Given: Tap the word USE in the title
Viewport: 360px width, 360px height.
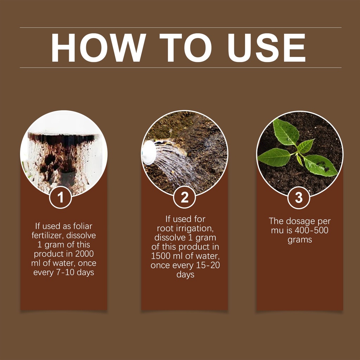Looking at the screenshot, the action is point(266,47).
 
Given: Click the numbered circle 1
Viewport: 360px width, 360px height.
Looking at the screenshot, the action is point(60,198).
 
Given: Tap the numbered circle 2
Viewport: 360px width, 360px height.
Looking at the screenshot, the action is point(184,197).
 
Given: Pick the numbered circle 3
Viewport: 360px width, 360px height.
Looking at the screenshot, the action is point(299,198).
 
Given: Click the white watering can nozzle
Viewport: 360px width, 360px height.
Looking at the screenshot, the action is point(148,153).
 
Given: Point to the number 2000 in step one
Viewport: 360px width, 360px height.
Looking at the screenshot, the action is point(84,254).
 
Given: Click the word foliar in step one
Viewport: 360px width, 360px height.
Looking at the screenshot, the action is point(83,226).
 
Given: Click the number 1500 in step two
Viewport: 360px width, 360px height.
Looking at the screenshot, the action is point(160,256).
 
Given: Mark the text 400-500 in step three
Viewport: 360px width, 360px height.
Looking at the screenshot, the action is point(311,230).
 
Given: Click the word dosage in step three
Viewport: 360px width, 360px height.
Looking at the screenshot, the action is point(301,221).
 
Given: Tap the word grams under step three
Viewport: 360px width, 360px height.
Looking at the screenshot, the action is point(300,240).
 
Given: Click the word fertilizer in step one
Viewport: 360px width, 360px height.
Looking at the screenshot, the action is point(47,236).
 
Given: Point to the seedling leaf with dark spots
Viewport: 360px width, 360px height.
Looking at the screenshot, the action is point(320,165).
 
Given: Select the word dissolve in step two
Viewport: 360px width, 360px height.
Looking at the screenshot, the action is point(170,237).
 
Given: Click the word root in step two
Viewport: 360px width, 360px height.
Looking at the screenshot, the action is point(165,229).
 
